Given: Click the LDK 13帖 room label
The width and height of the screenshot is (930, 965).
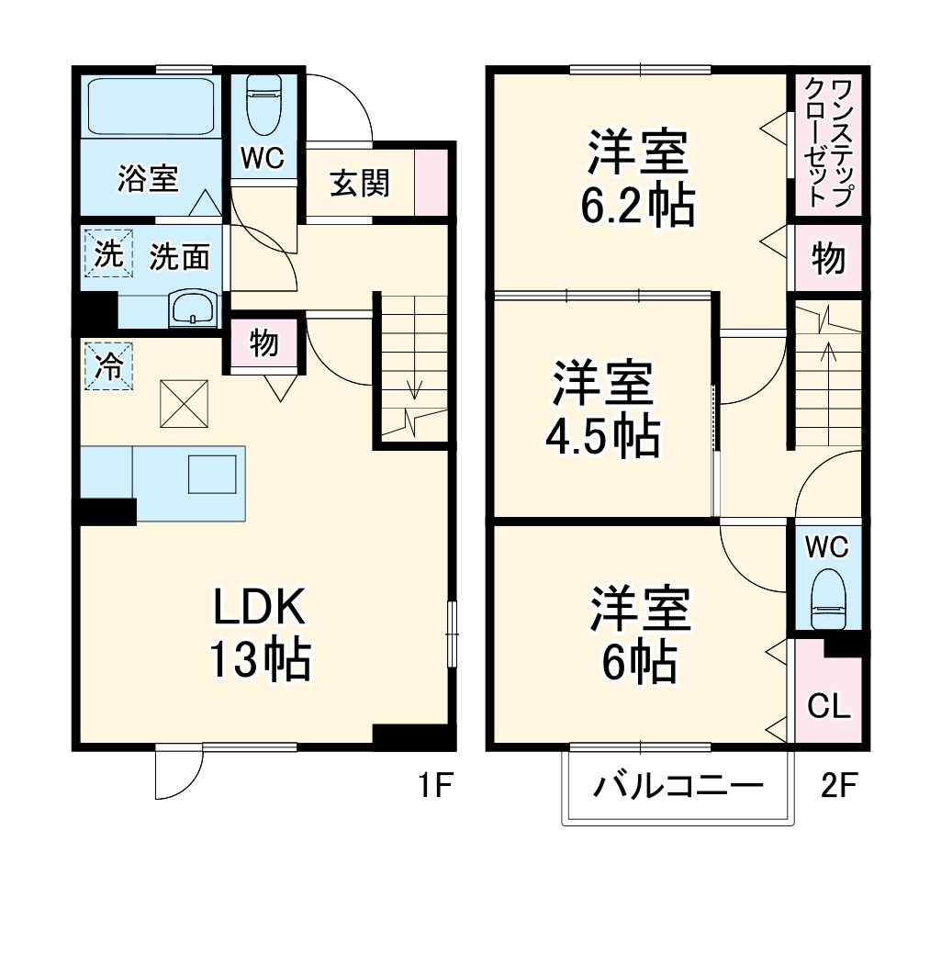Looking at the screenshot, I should click(260, 633).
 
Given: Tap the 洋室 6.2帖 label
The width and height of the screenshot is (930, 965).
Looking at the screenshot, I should click(637, 179).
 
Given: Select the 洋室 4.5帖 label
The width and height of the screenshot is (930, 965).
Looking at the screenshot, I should click(602, 410).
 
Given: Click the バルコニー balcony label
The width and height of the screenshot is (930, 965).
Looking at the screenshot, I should click(678, 787).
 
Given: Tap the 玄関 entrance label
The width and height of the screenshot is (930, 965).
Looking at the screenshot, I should click(359, 183).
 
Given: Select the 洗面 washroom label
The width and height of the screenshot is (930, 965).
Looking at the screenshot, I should click(180, 257).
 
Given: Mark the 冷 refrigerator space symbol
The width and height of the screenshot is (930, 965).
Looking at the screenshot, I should click(109, 366).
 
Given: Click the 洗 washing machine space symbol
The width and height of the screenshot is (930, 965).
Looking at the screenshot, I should click(109, 254).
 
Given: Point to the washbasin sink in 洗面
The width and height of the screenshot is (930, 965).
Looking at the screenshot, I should click(193, 308).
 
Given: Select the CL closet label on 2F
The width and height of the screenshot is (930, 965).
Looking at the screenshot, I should click(828, 706).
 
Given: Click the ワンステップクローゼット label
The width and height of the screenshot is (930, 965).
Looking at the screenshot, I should click(828, 143).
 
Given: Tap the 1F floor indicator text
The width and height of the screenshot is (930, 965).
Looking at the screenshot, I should click(433, 786).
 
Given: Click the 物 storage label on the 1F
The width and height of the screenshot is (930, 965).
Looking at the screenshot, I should click(263, 342).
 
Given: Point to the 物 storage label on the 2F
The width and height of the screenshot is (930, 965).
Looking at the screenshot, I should click(828, 260).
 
